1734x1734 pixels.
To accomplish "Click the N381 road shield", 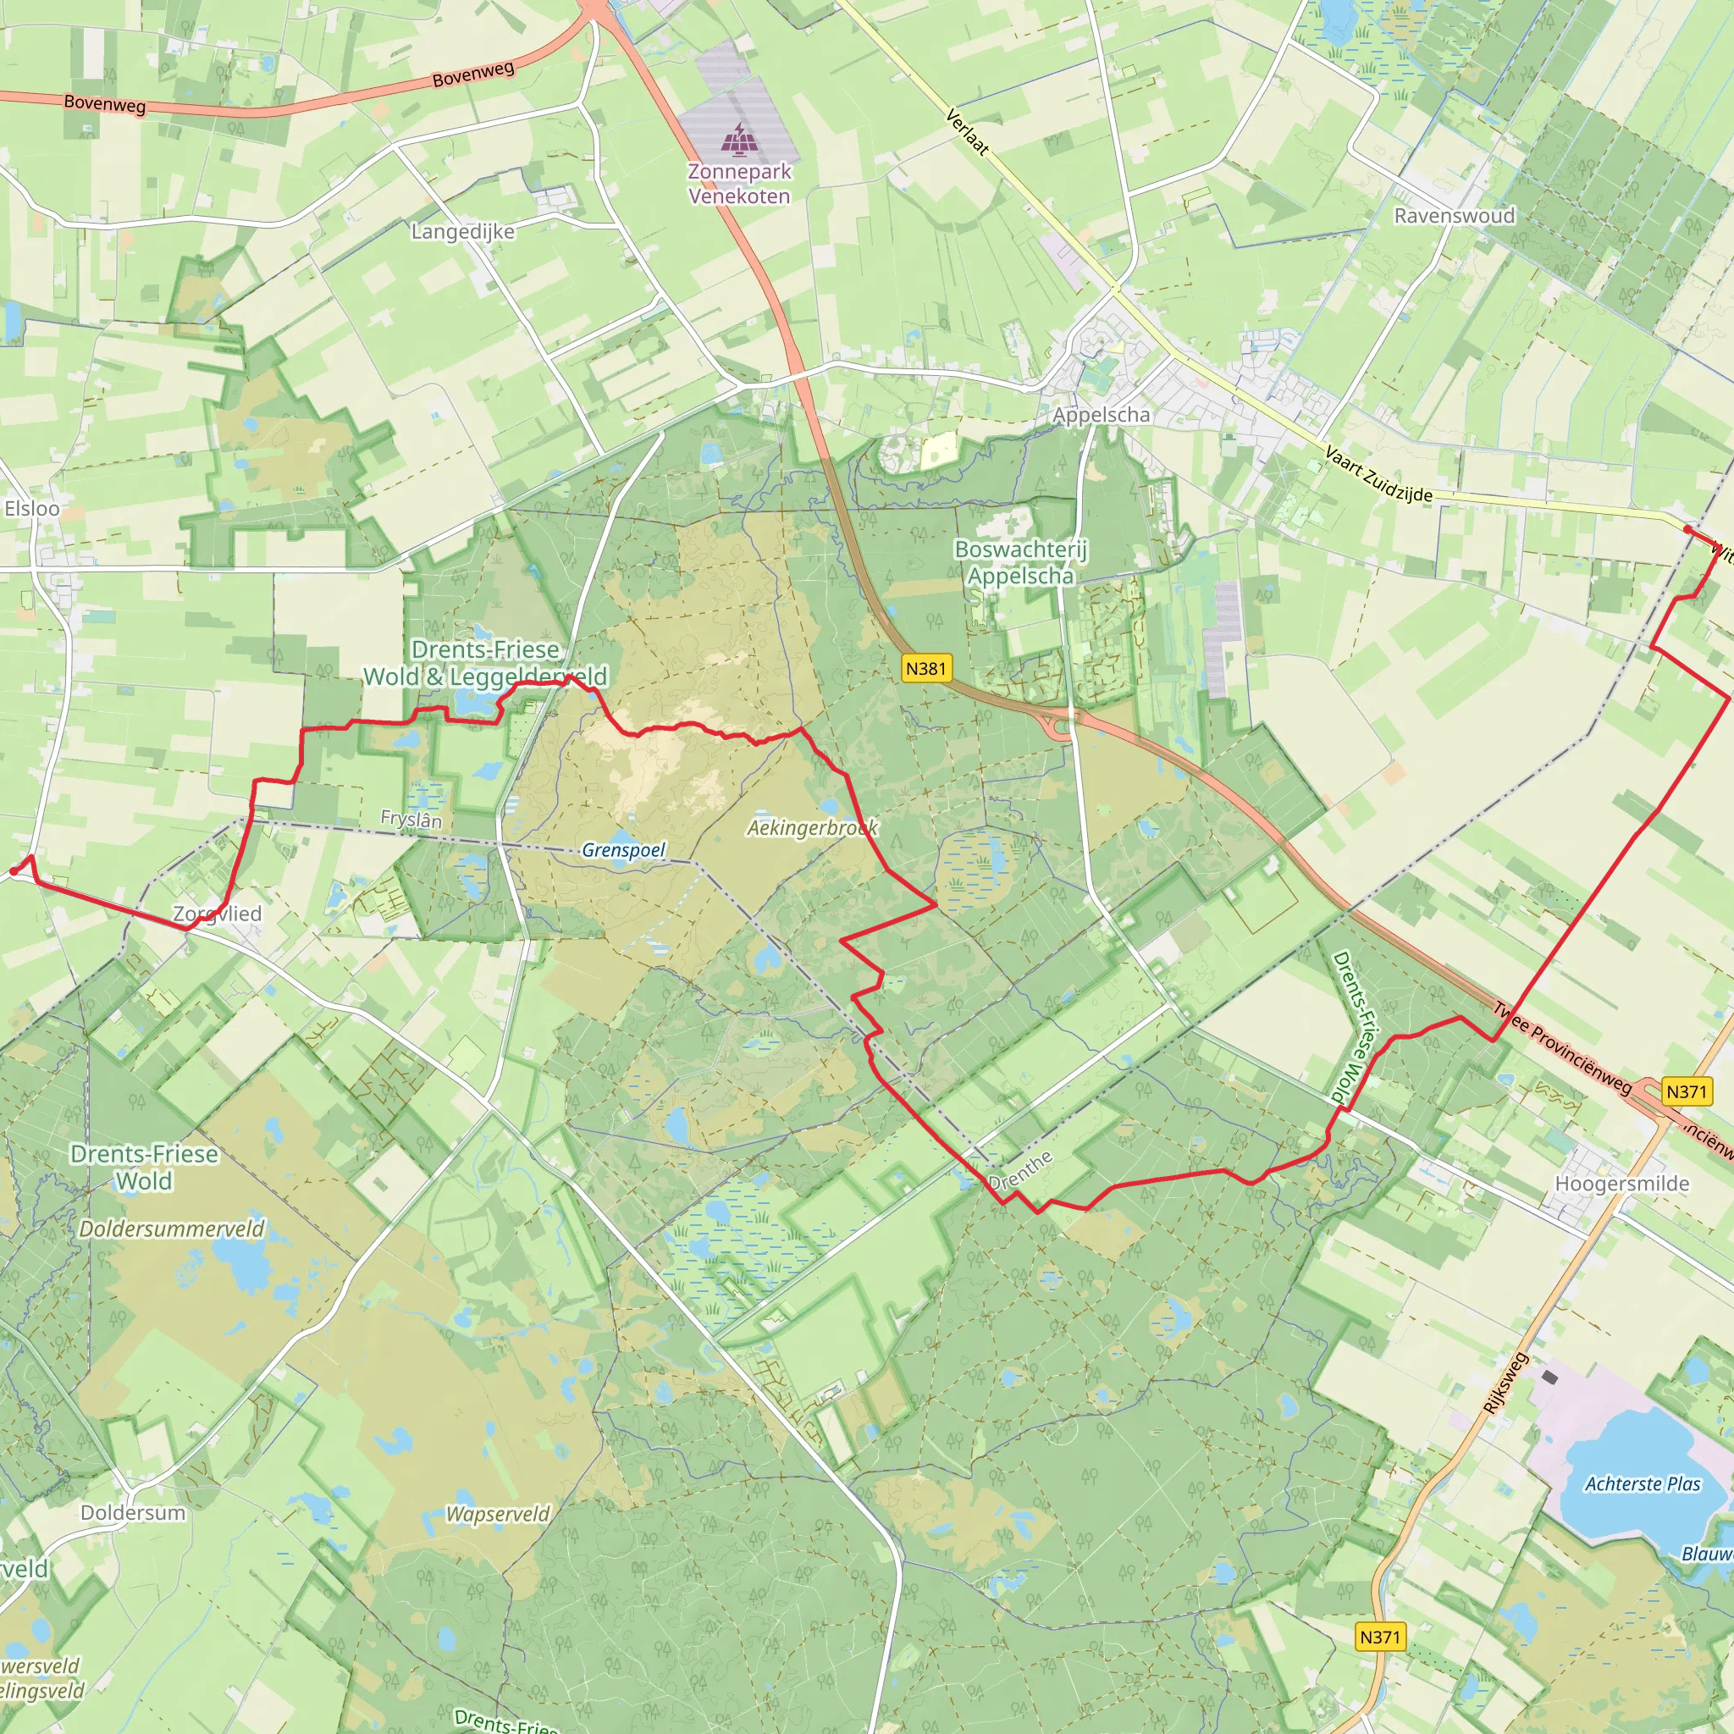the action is pyautogui.click(x=925, y=668).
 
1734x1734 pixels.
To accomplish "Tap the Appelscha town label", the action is pyautogui.click(x=1101, y=415).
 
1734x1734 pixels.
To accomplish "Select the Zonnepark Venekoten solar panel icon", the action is pyautogui.click(x=738, y=139).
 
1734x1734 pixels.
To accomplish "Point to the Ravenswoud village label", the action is pyautogui.click(x=1454, y=215).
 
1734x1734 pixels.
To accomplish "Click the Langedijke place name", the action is pyautogui.click(x=463, y=231).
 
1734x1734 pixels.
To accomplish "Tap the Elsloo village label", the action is pyautogui.click(x=32, y=508).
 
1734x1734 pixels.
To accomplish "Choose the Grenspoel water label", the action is pyautogui.click(x=624, y=849).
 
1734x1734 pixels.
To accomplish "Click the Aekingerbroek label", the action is pyautogui.click(x=812, y=827).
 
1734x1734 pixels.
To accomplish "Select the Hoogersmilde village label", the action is pyautogui.click(x=1621, y=1184).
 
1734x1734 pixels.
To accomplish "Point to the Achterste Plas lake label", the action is pyautogui.click(x=1643, y=1483).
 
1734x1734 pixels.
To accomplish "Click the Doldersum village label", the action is pyautogui.click(x=133, y=1512).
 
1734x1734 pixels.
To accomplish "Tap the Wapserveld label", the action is pyautogui.click(x=498, y=1514).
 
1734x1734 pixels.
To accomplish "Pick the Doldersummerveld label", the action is pyautogui.click(x=173, y=1229).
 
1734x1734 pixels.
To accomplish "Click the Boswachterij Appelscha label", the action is pyautogui.click(x=1020, y=562).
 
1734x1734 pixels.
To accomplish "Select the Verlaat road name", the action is pyautogui.click(x=968, y=131).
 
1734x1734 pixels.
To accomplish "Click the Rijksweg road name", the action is pyautogui.click(x=1505, y=1383).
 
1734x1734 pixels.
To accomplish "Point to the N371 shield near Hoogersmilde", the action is pyautogui.click(x=1686, y=1091).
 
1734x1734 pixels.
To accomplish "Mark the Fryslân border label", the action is pyautogui.click(x=411, y=819).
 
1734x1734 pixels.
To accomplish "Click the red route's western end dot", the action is pyautogui.click(x=14, y=870).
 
